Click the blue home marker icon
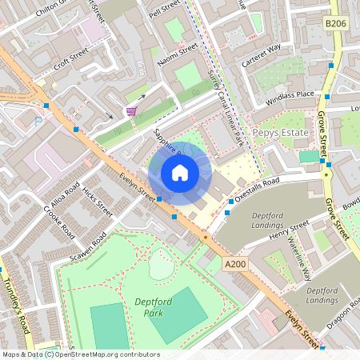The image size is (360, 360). point(180,172)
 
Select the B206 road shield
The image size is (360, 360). point(336,25)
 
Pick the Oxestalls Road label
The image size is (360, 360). point(258,190)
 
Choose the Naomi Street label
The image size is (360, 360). point(177,55)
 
